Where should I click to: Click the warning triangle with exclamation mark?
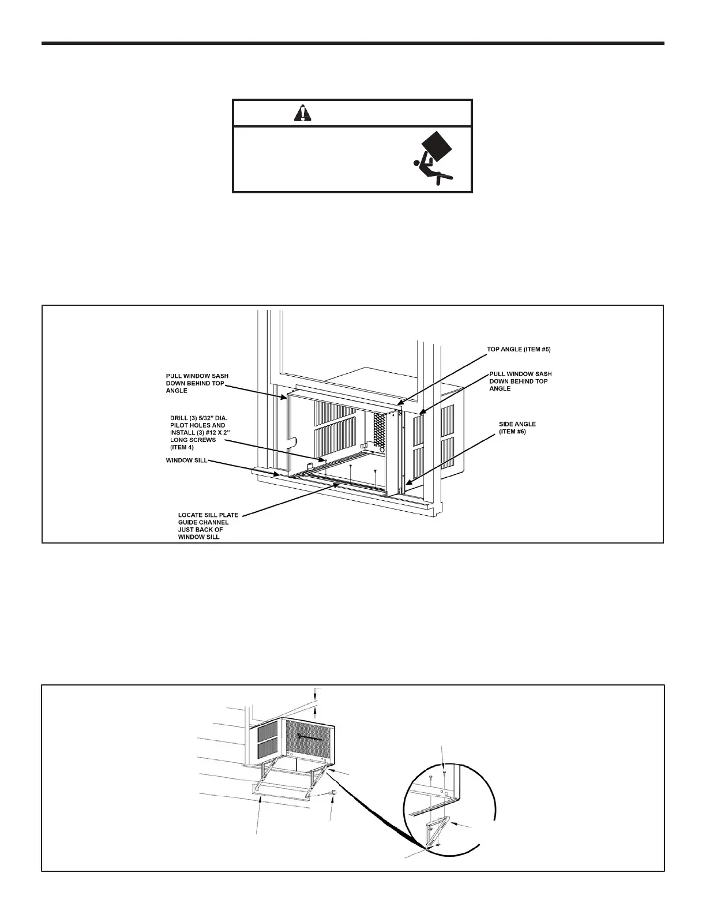click(302, 114)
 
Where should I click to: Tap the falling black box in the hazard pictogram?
click(437, 145)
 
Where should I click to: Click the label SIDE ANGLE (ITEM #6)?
click(517, 428)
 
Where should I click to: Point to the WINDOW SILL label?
click(186, 460)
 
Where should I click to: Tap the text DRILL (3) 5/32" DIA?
click(198, 417)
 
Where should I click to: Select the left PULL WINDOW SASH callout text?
click(197, 383)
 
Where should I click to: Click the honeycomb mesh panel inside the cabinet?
click(379, 430)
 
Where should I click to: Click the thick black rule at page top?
click(353, 43)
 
